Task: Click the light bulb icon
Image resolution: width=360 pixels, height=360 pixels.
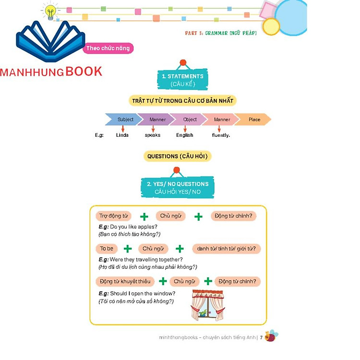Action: tap(50, 12)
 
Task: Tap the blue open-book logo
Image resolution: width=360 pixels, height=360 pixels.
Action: tap(50, 41)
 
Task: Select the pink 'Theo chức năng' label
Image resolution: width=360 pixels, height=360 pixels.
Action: tap(108, 48)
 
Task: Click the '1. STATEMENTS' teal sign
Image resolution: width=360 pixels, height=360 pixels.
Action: tap(182, 80)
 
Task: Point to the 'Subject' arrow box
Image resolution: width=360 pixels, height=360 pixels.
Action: tap(124, 120)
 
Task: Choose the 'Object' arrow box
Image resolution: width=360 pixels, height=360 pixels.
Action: tap(189, 120)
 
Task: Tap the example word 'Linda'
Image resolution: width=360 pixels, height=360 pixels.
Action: tap(122, 135)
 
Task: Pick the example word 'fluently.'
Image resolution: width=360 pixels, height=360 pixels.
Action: tap(221, 135)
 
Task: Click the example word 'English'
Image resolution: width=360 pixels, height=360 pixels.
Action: tap(185, 135)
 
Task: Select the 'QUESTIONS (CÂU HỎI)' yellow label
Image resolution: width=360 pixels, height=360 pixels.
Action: tap(178, 156)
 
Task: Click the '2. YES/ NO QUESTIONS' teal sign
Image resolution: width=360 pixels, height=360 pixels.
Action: tap(178, 187)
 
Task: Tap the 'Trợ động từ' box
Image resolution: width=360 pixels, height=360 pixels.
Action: tap(113, 216)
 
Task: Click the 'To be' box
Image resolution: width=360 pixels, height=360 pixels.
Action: tap(107, 249)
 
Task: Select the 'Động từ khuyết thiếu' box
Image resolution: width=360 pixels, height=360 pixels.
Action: tap(124, 281)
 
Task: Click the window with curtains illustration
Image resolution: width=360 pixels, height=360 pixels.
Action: tap(207, 305)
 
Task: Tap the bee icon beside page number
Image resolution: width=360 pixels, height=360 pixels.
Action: tap(271, 336)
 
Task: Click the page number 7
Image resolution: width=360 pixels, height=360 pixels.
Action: tap(261, 337)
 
